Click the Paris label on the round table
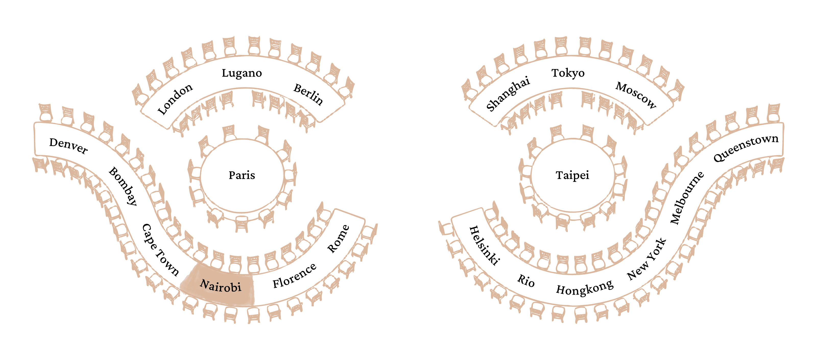pyautogui.click(x=242, y=175)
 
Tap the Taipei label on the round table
pyautogui.click(x=572, y=175)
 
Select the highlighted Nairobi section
pyautogui.click(x=220, y=285)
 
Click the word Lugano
pyautogui.click(x=242, y=73)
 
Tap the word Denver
pyautogui.click(x=68, y=146)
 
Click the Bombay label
pyautogui.click(x=123, y=186)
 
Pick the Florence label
pyautogui.click(x=294, y=276)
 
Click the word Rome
pyautogui.click(x=338, y=239)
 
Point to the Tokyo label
pyautogui.click(x=568, y=73)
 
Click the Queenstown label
pyautogui.click(x=746, y=148)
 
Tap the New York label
pyautogui.click(x=647, y=259)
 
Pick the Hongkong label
pyautogui.click(x=584, y=288)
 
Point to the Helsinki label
pyautogui.click(x=484, y=245)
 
